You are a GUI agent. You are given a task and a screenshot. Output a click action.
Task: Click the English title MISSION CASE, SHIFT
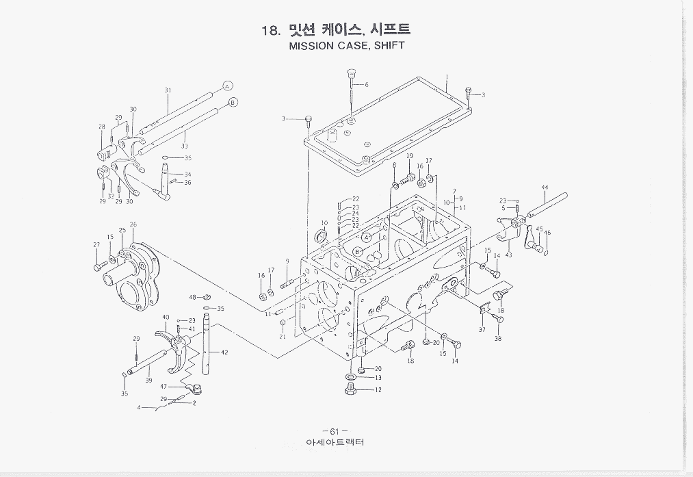(x=346, y=47)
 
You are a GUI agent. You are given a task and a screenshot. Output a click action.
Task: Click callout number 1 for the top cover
(x=446, y=77)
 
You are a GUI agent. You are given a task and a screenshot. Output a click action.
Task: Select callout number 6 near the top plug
(x=367, y=85)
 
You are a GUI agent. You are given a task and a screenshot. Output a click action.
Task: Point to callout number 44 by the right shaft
(x=545, y=188)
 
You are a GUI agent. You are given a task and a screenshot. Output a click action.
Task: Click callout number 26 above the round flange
(x=133, y=224)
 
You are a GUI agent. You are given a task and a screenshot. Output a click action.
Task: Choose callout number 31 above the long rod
(x=168, y=91)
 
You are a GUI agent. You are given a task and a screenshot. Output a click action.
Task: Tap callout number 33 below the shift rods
(x=185, y=146)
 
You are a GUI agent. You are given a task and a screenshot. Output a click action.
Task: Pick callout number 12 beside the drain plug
(x=378, y=390)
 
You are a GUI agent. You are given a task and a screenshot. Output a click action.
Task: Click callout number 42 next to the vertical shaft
(x=224, y=352)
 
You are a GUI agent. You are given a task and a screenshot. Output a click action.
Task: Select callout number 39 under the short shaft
(x=148, y=381)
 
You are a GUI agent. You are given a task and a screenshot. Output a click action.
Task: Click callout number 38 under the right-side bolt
(x=498, y=338)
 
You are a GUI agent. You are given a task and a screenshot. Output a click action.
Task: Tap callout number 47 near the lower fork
(x=164, y=386)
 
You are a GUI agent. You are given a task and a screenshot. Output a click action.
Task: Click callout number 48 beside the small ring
(x=193, y=297)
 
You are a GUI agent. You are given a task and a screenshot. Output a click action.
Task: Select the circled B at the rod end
(x=232, y=103)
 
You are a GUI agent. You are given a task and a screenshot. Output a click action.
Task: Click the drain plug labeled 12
(x=350, y=389)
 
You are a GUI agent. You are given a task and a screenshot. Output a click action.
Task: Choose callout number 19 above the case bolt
(x=409, y=157)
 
